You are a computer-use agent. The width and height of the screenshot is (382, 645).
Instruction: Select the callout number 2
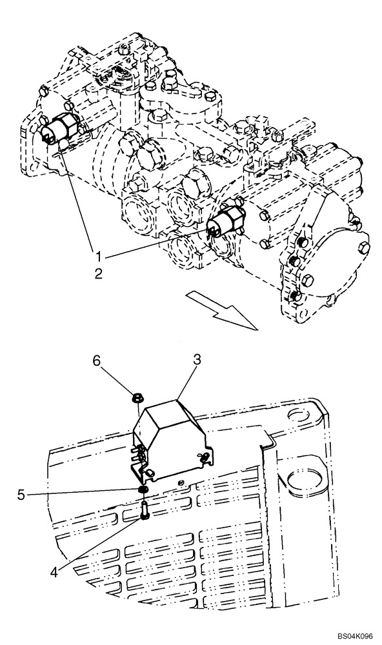(99, 273)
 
